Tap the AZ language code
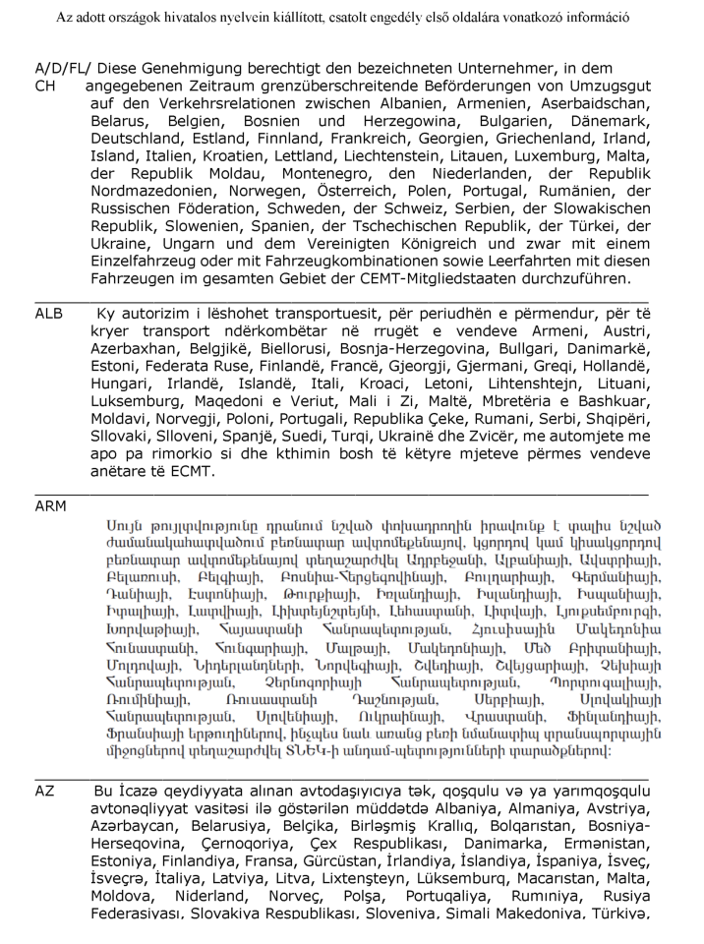click(x=44, y=791)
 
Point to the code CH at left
click(x=44, y=87)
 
